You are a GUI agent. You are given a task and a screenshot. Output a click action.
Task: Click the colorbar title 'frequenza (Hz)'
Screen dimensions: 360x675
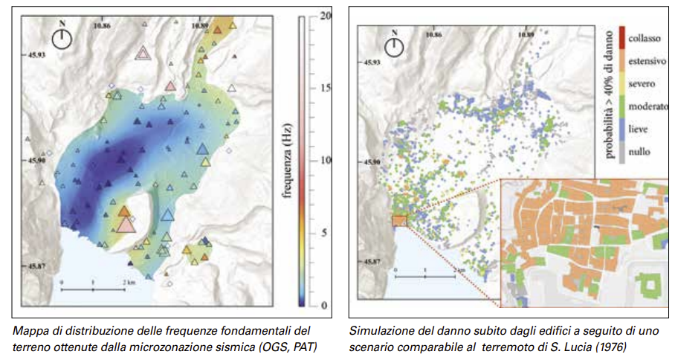coord(286,161)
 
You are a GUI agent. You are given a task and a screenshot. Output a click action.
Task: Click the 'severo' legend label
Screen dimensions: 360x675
coord(639,83)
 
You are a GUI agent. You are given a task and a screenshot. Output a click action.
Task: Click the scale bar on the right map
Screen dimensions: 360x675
coord(424,276)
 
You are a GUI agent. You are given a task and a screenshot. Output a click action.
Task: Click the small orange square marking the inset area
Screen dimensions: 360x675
coord(399,221)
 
